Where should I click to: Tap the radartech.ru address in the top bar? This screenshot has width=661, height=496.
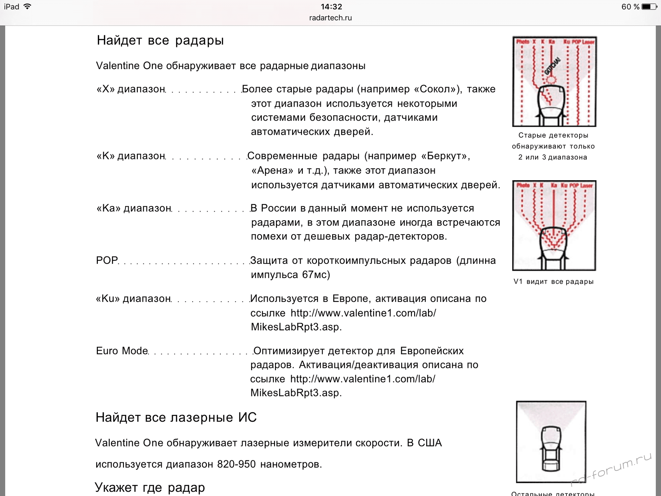[x=330, y=18]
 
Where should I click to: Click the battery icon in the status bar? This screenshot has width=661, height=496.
[x=649, y=7]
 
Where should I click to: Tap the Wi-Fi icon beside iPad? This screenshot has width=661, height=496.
[x=27, y=7]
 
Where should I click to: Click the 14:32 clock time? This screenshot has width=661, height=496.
[x=331, y=7]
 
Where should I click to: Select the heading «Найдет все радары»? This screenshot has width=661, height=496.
[x=160, y=40]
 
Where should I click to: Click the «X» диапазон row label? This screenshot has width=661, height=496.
[x=131, y=89]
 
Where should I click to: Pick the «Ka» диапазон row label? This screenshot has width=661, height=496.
[x=134, y=208]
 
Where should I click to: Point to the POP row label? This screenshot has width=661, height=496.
[x=107, y=261]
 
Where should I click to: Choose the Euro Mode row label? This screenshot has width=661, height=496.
[x=122, y=351]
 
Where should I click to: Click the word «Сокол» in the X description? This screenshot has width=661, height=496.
[x=437, y=89]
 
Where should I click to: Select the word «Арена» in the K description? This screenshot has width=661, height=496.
[x=272, y=171]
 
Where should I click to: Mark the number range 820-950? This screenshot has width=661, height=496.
[x=236, y=464]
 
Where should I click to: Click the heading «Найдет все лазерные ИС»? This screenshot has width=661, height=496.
[x=176, y=418]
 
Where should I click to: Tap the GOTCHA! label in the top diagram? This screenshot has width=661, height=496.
[x=552, y=66]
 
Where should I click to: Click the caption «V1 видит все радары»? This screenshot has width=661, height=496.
[x=554, y=282]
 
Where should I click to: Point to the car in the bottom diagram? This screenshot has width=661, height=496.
[x=551, y=448]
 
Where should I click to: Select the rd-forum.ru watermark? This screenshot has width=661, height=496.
[x=611, y=470]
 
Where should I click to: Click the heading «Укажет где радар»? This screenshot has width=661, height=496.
[x=150, y=487]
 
